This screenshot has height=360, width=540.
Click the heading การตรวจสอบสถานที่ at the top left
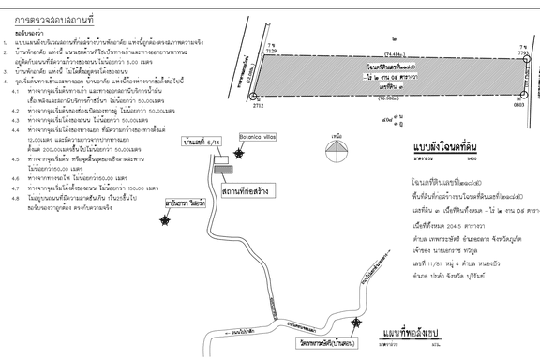[53, 18]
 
